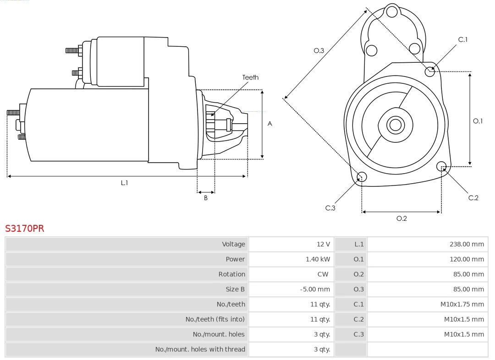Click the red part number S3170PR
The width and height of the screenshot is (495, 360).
[x=25, y=229]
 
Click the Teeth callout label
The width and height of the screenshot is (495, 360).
[x=250, y=77]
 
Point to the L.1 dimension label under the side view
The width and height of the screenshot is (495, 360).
[x=124, y=183]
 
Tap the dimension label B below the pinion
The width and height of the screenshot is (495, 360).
[x=206, y=198]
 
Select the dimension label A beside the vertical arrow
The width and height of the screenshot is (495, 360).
[x=270, y=124]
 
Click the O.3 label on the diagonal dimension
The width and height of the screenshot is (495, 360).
[x=319, y=50]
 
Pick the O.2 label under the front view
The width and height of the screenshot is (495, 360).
[x=401, y=218]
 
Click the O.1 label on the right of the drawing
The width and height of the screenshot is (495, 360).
[x=478, y=121]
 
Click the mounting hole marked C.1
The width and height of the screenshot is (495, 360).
[x=430, y=71]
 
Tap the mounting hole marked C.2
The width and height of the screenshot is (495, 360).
[x=441, y=166]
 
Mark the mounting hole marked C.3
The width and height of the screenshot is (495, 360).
[x=362, y=177]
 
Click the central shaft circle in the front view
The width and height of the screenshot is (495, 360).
[x=395, y=125]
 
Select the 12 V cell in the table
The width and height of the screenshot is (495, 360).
[x=323, y=244]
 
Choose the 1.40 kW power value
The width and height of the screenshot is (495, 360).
[x=318, y=259]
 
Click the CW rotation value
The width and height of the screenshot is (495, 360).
[x=323, y=274]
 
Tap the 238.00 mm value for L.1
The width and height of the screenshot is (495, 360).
[x=467, y=244]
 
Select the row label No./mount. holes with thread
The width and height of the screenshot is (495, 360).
[x=200, y=349]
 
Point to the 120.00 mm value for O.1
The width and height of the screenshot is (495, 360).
[x=467, y=259]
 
